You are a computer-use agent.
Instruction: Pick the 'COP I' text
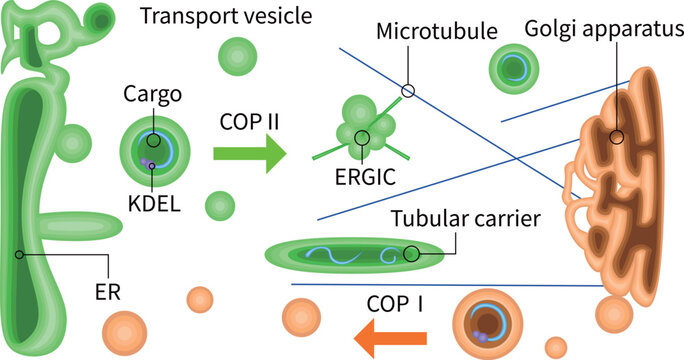pos(392,302)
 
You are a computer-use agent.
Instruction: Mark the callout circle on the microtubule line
pos(407,91)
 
